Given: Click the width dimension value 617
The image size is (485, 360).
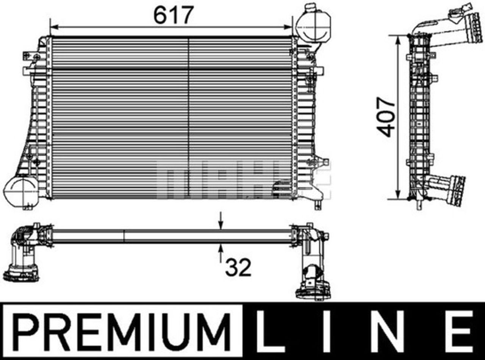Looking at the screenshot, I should coord(173,16).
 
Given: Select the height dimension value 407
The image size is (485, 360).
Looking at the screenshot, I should coord(388,117).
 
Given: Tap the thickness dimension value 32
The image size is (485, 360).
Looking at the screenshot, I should coord(238,268).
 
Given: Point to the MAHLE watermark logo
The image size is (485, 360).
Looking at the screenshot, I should coord(242,178).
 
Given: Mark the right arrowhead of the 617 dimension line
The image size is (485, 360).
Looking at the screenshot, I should coord(290,27).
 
